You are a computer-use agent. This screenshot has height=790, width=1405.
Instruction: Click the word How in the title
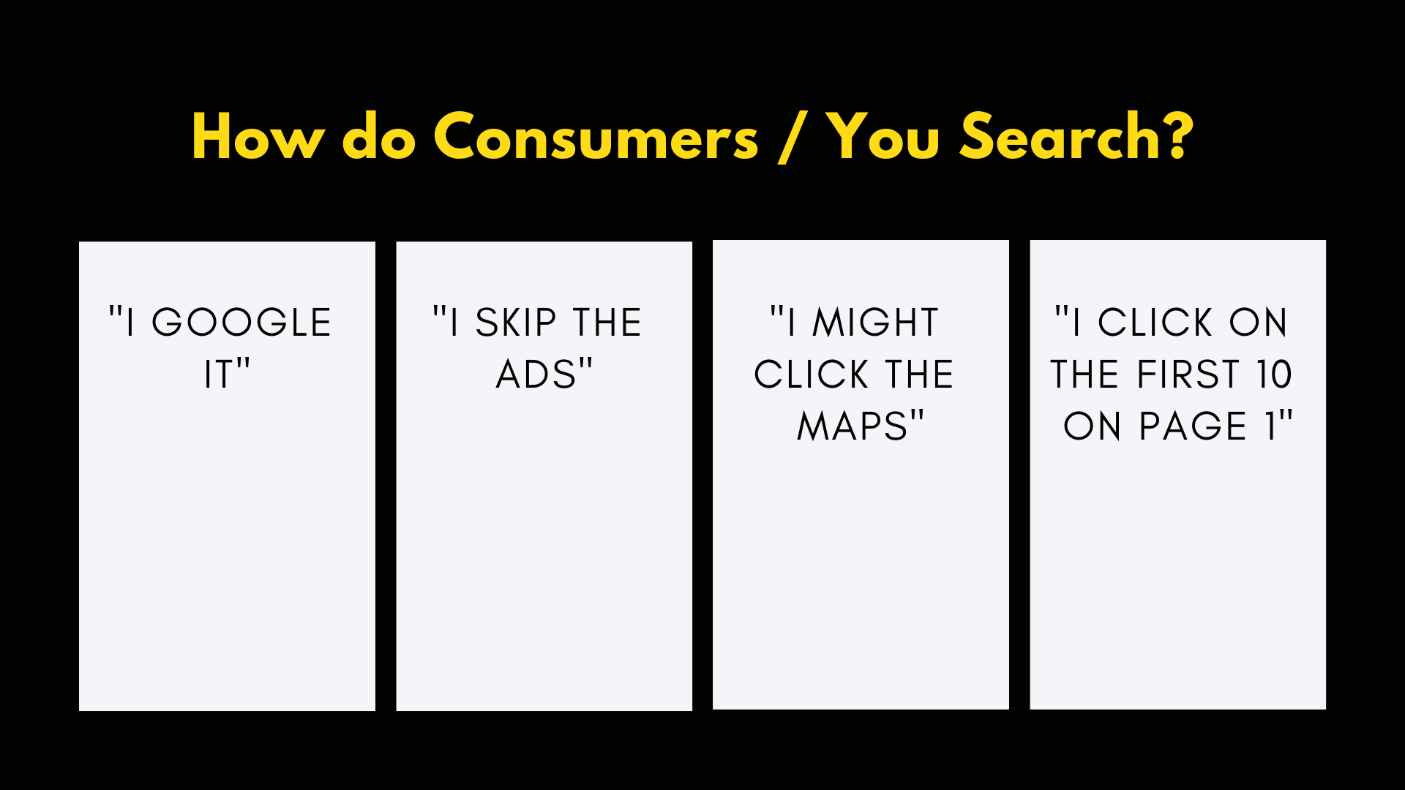coord(258,137)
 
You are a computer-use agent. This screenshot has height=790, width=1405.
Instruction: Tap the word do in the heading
coord(379,137)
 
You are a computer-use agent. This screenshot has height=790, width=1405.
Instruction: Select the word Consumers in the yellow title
coord(596,137)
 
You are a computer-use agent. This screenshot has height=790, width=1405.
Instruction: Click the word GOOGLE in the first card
coord(241,323)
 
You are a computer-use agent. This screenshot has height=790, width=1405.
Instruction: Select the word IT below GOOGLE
coord(217,375)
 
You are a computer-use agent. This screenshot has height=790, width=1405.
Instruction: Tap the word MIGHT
coord(875,323)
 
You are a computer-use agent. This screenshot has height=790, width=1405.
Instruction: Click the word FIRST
coord(1188,375)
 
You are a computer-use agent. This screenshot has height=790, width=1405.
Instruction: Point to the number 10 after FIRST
coord(1275,375)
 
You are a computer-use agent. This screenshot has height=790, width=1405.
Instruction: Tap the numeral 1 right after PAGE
coord(1271,426)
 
